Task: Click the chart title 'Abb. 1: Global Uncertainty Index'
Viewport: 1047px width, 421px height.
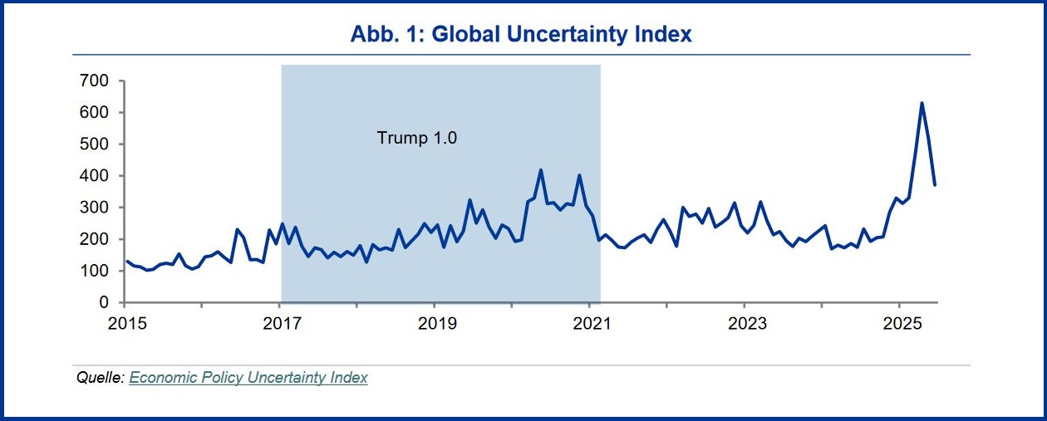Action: (x=521, y=34)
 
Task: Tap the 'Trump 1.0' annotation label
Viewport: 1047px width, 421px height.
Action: (x=417, y=138)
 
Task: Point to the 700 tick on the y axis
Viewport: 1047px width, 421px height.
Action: (x=94, y=81)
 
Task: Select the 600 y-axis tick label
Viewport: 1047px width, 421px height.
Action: (x=94, y=113)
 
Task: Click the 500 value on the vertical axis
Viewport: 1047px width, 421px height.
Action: (x=94, y=144)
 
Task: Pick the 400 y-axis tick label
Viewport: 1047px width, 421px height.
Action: (x=94, y=176)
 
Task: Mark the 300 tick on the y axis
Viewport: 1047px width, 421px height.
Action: (x=94, y=208)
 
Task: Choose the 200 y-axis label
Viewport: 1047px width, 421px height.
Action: (x=94, y=239)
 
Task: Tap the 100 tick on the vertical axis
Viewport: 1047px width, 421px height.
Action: (x=94, y=271)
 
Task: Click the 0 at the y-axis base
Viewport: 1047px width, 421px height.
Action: (x=105, y=303)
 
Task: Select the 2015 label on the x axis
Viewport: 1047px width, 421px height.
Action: (x=125, y=322)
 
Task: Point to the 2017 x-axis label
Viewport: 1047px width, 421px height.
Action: (x=281, y=322)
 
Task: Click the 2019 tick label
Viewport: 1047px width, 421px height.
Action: (x=435, y=322)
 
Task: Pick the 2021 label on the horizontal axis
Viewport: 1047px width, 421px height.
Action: (x=590, y=322)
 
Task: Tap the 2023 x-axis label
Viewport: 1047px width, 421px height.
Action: (x=745, y=322)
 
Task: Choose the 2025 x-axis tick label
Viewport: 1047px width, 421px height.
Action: (x=899, y=322)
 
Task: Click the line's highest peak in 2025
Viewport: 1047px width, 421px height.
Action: (x=922, y=103)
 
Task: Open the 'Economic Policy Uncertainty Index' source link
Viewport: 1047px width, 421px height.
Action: (x=248, y=378)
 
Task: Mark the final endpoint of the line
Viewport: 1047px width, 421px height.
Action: (x=935, y=184)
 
